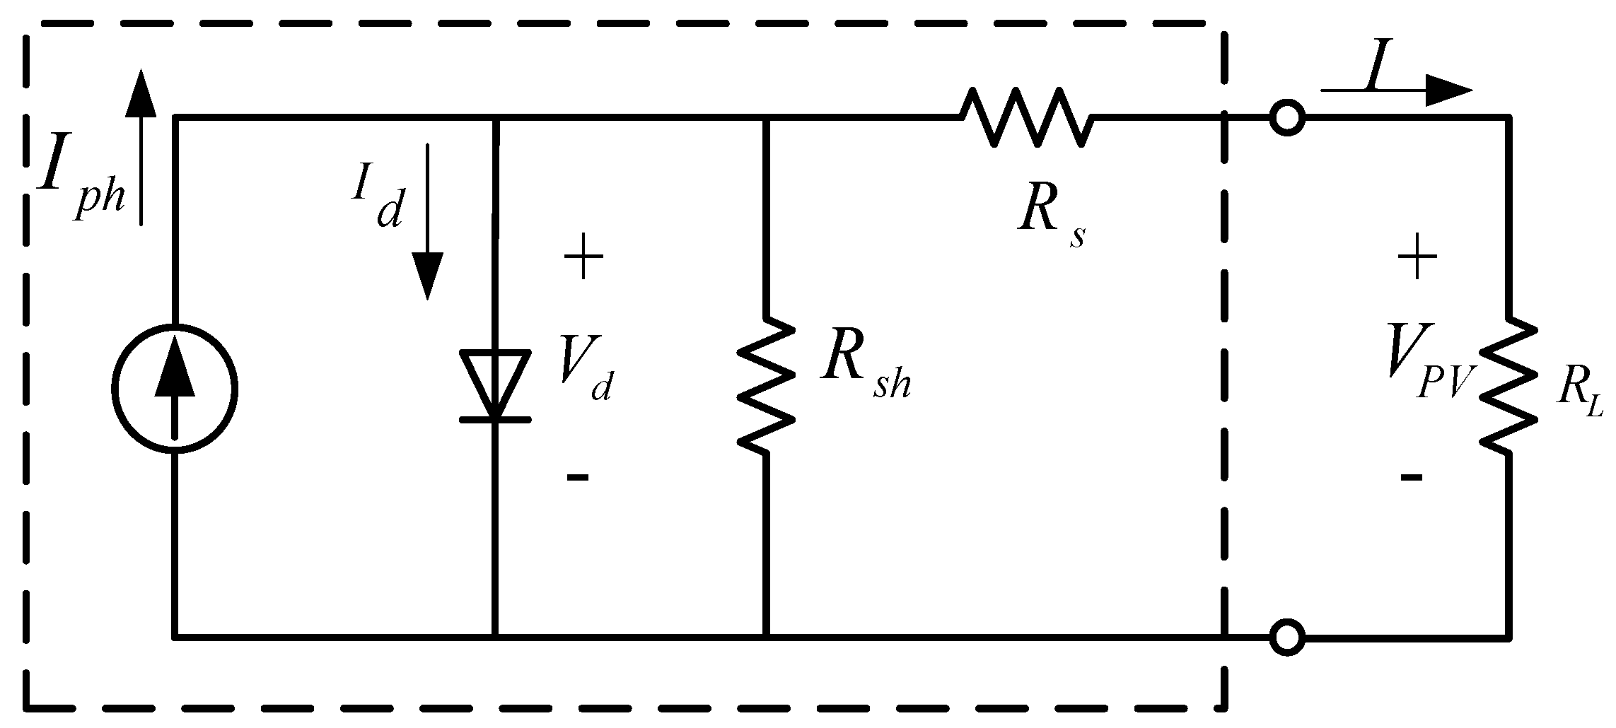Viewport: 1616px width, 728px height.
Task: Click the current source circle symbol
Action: tap(175, 388)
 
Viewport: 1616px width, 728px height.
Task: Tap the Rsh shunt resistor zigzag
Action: tap(767, 386)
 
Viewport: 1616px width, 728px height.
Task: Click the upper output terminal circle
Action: tap(1287, 117)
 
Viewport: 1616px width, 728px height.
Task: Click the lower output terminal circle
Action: tap(1287, 637)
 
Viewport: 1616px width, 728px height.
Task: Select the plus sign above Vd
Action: tap(583, 259)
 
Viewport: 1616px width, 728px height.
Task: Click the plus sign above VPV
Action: tap(1417, 259)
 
